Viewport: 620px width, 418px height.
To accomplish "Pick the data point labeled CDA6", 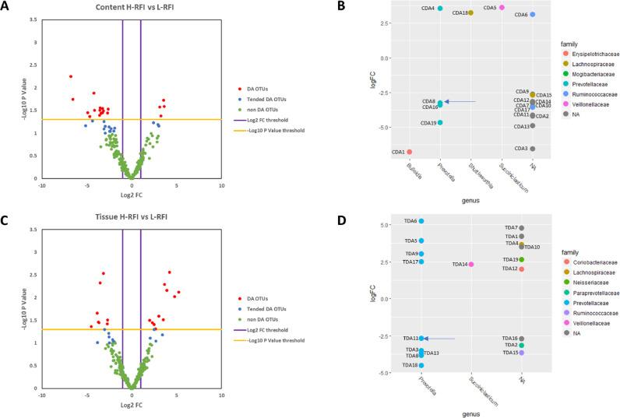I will pos(533,14).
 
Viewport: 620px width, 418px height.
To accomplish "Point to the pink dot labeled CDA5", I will pos(502,8).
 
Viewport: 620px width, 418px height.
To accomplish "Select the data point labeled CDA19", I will pos(440,123).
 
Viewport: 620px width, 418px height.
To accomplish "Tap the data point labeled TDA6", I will pos(421,221).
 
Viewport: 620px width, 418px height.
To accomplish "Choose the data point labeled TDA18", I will pos(421,365).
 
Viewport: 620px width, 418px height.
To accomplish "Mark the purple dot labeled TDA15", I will pos(522,353).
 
